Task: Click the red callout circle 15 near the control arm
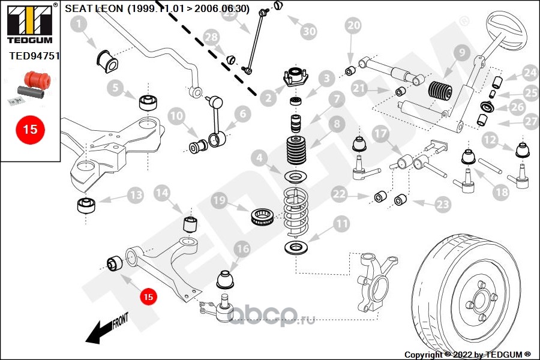[148, 296]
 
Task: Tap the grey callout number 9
[461, 53]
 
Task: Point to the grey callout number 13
[135, 194]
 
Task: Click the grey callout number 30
[308, 31]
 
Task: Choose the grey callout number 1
[79, 25]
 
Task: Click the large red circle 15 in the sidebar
[30, 128]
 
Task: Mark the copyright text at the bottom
[467, 355]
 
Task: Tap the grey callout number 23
[442, 205]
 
